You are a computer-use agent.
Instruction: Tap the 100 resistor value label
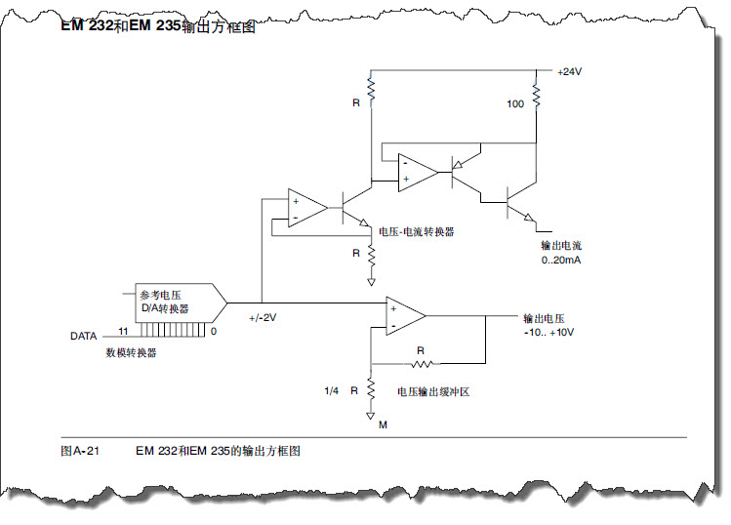515,103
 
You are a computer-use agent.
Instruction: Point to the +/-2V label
263,318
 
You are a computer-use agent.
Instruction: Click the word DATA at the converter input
83,336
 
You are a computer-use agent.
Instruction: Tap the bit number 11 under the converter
123,332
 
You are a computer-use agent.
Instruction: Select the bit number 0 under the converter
213,332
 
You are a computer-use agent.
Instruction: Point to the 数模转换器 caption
131,352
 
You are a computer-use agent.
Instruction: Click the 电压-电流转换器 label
417,232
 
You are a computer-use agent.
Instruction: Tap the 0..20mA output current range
562,261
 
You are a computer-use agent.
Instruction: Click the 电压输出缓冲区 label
433,391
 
